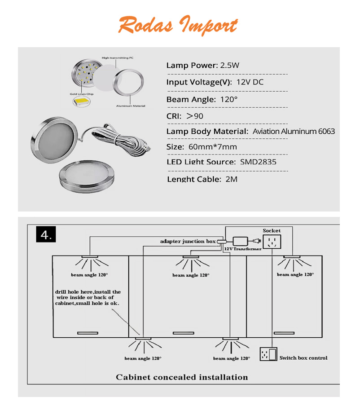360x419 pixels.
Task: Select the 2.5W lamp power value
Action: coord(229,66)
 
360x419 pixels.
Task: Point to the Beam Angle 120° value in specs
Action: coord(228,99)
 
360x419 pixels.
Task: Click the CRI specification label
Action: coord(174,116)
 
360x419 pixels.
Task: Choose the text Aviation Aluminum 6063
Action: coord(294,132)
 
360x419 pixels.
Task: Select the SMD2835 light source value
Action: coord(258,162)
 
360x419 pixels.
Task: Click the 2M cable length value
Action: coord(231,179)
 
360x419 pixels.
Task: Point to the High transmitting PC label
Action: coord(118,58)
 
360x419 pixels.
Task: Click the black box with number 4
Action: coord(46,234)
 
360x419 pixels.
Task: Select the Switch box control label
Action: coord(303,358)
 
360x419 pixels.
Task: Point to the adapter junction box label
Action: coord(188,242)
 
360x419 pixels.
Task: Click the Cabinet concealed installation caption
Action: coord(182,377)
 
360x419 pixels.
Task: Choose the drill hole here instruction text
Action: coord(88,298)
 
